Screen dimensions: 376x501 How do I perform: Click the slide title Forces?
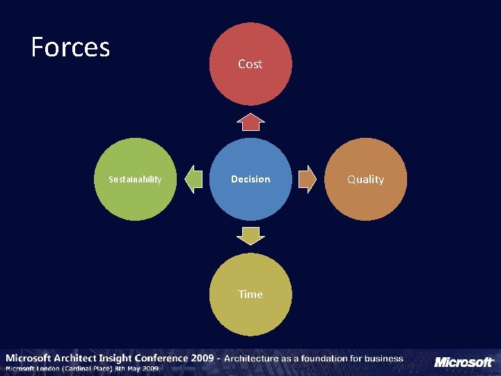(x=70, y=47)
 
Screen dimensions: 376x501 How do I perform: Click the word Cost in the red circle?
(x=250, y=64)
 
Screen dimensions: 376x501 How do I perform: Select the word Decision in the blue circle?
(x=250, y=179)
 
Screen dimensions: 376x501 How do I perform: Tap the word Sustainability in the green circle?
(x=135, y=179)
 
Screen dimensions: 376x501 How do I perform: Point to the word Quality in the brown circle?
(x=365, y=179)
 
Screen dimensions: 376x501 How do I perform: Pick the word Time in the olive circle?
(x=250, y=294)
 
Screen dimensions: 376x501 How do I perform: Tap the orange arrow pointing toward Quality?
(x=307, y=179)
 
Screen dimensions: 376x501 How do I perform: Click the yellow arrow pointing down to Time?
(x=250, y=236)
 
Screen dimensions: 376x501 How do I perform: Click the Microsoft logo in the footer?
(x=463, y=362)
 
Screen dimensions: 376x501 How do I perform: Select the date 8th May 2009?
(x=141, y=368)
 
